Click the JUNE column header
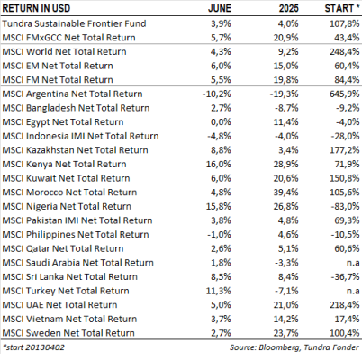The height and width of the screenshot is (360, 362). (220, 8)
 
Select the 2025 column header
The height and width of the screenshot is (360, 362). (288, 8)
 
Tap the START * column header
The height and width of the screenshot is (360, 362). (342, 8)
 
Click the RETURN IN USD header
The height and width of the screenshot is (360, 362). (36, 8)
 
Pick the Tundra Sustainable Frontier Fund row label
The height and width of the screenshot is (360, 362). (74, 23)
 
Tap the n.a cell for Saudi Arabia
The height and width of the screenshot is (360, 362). (353, 263)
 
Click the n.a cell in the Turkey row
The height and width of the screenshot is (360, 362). (353, 291)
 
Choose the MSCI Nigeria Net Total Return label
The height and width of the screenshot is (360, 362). (67, 206)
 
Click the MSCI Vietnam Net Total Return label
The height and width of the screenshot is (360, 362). (69, 319)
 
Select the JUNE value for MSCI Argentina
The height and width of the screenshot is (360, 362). (217, 94)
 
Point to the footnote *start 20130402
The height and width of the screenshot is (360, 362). (33, 347)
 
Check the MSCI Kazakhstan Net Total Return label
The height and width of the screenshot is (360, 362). (75, 150)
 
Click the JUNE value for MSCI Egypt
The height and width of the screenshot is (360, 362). (221, 122)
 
